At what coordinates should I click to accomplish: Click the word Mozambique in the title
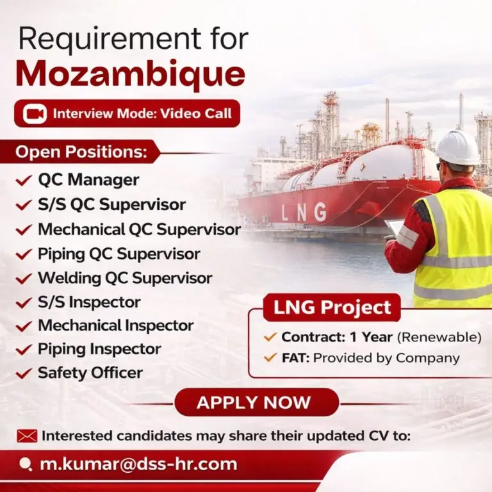click(130, 75)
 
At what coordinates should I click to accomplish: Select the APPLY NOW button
click(254, 402)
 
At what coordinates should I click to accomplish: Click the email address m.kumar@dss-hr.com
click(138, 464)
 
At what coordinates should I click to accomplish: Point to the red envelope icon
click(27, 436)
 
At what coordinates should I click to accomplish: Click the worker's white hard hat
click(457, 147)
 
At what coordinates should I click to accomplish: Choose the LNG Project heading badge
click(332, 307)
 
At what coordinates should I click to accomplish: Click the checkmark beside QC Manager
click(24, 181)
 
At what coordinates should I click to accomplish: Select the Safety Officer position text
click(90, 372)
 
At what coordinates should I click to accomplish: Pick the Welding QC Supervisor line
click(125, 278)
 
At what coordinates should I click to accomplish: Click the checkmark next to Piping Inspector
click(24, 350)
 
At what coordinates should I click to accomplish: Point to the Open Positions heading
click(81, 152)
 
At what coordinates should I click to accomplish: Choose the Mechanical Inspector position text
click(116, 325)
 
